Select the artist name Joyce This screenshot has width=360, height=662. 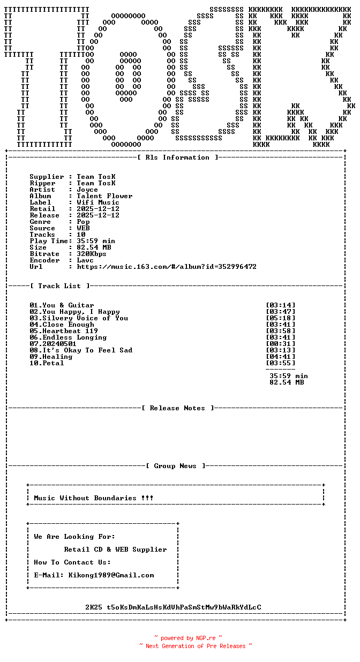(87, 190)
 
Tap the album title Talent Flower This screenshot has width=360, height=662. (104, 196)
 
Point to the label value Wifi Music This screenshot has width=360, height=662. (98, 202)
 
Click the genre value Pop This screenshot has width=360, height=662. (83, 222)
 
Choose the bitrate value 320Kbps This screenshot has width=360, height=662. (92, 254)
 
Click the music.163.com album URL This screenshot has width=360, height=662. (167, 267)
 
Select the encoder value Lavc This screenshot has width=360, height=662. (85, 260)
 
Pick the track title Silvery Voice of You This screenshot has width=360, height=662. (85, 318)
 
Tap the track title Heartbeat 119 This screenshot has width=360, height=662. (70, 331)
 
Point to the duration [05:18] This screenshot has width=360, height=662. (280, 318)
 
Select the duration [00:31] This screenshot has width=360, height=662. (280, 344)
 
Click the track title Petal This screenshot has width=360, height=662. (53, 363)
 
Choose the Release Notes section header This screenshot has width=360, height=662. (177, 408)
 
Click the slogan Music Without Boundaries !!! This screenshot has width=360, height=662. (94, 498)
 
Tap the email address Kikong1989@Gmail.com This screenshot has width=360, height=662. (111, 575)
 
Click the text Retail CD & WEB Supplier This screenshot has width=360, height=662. (115, 550)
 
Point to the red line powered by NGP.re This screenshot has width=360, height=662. (188, 638)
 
